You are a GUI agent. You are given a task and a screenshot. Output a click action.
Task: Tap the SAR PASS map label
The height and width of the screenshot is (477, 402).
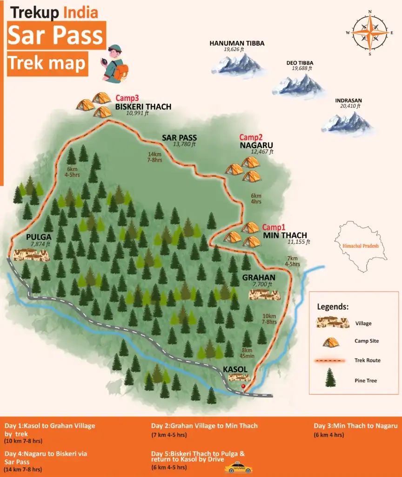coord(179,138)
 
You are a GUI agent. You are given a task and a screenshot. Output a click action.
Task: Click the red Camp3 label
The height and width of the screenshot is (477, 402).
coord(127,98)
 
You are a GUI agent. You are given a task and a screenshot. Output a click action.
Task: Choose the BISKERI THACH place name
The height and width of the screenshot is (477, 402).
coord(143,107)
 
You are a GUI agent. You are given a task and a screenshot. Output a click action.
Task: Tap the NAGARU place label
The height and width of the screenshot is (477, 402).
coord(256,145)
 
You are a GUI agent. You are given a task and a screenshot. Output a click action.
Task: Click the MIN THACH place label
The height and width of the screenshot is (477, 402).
coord(285,235)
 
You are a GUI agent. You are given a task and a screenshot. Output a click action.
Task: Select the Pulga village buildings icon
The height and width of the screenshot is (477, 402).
coord(31,254)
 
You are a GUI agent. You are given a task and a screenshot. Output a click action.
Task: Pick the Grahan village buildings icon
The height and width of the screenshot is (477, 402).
coord(264,294)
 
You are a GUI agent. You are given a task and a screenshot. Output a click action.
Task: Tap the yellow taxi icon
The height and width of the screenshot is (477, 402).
coord(238,468)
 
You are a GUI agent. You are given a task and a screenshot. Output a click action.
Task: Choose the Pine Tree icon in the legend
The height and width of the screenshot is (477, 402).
coord(330,378)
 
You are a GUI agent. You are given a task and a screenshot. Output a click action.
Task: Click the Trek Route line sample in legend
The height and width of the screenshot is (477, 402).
coord(330,361)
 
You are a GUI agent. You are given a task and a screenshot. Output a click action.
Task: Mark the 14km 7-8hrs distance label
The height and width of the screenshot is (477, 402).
coord(154,157)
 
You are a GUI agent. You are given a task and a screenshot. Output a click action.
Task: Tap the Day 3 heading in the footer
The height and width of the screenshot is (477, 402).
coord(355,426)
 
